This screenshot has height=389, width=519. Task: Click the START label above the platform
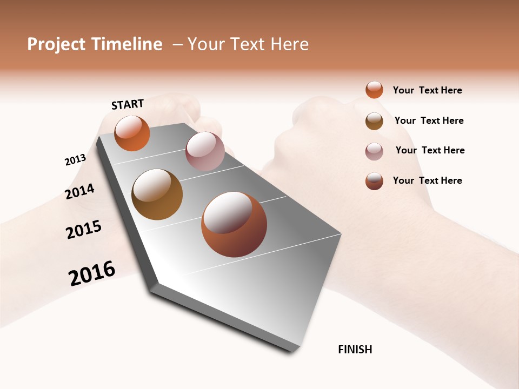click(128, 104)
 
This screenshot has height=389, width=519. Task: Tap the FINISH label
click(355, 350)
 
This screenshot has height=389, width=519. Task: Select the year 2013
click(75, 160)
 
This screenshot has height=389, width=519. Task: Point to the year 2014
click(79, 191)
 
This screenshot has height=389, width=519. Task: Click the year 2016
click(92, 273)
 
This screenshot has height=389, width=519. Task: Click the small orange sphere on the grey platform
click(132, 133)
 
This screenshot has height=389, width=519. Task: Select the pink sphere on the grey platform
click(205, 151)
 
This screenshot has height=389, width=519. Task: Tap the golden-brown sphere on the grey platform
click(157, 194)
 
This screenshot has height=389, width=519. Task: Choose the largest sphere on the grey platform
click(234, 224)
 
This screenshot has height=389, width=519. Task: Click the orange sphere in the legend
click(374, 90)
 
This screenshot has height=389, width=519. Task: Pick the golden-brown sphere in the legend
click(374, 121)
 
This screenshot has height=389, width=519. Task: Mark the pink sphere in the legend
click(374, 151)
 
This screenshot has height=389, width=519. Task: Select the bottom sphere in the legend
click(374, 181)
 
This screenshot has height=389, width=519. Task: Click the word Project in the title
click(56, 44)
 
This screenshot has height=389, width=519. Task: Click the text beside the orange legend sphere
click(427, 90)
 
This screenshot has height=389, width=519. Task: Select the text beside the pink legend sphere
click(430, 150)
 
